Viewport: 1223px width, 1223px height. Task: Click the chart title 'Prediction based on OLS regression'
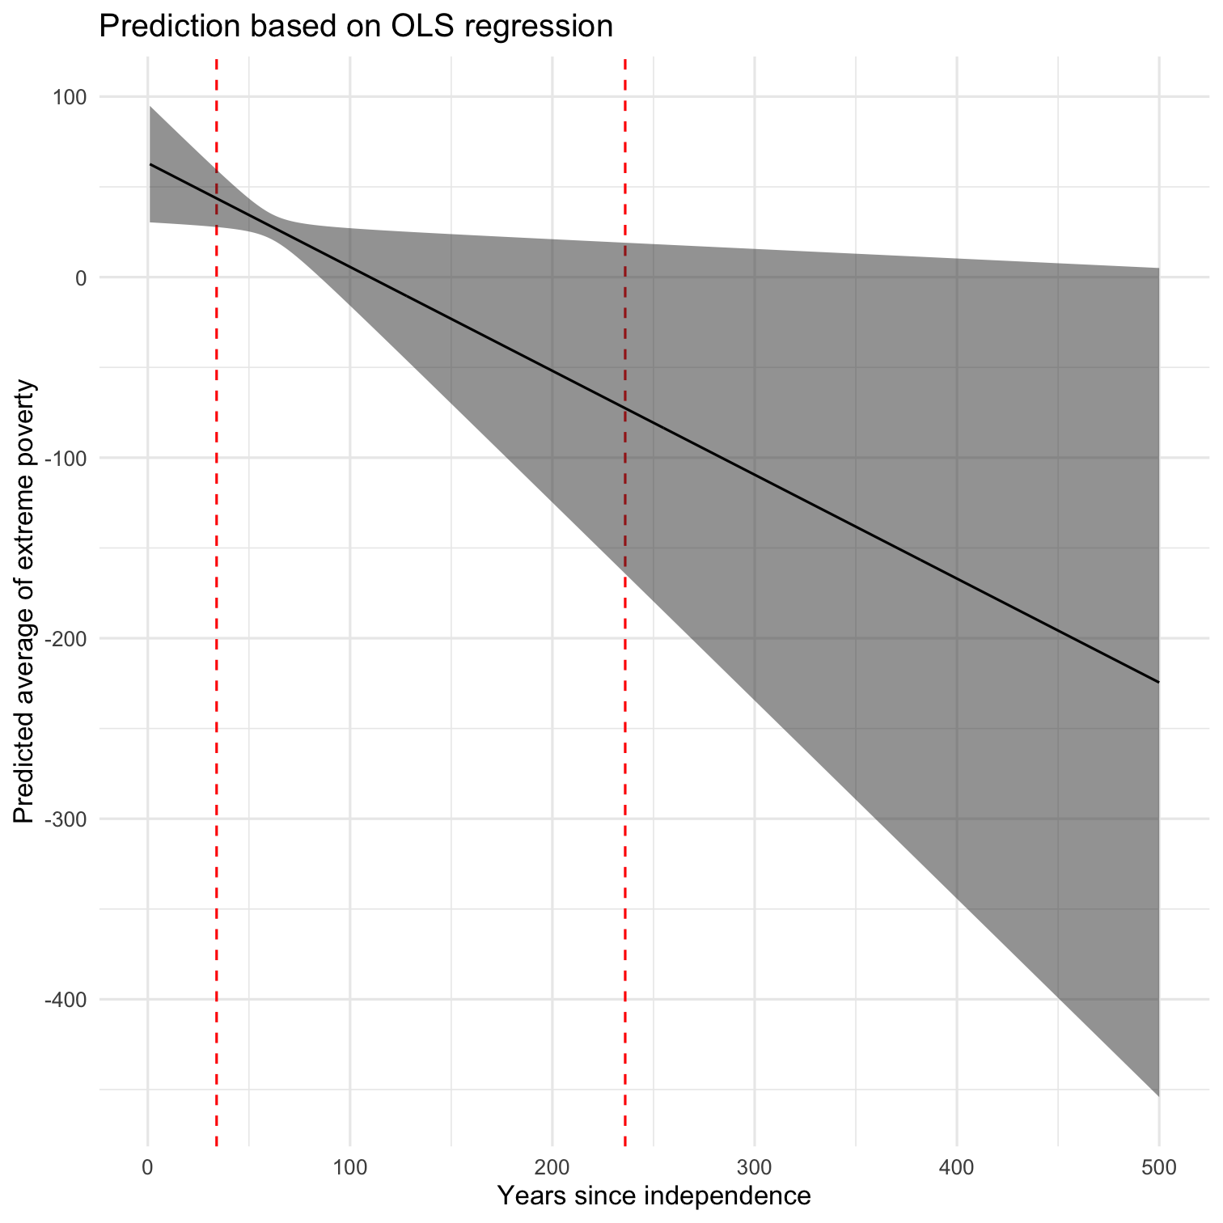(x=356, y=27)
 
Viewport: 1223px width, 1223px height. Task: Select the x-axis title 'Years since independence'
(x=654, y=1195)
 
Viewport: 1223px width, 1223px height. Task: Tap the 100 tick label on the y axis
(x=70, y=97)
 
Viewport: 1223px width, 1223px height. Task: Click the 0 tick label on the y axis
(x=80, y=277)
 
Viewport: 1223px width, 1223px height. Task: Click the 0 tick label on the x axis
(x=147, y=1167)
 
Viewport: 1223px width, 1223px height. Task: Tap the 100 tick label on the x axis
(x=349, y=1167)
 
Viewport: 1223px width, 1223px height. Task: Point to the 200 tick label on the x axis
(x=552, y=1167)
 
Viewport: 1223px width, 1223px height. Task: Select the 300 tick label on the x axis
(x=754, y=1167)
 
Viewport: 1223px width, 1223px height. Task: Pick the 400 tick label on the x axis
(x=956, y=1167)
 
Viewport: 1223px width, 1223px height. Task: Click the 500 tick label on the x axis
(x=1158, y=1167)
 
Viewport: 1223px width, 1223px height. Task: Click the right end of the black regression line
(x=1157, y=682)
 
